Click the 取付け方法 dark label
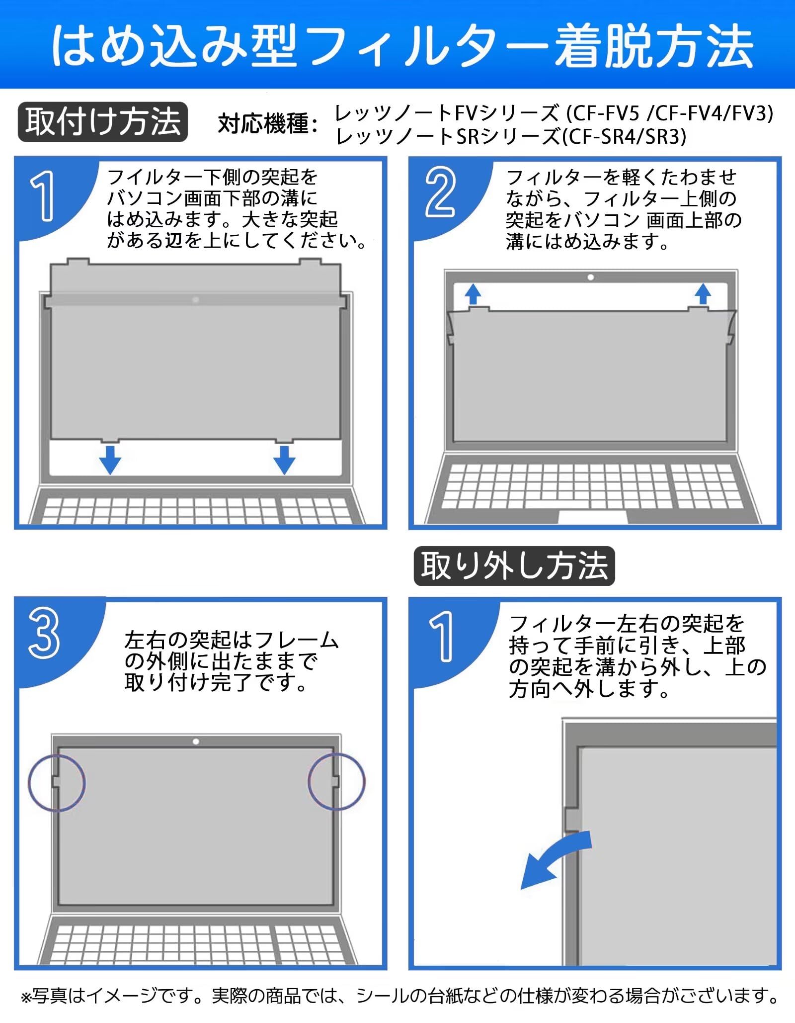tap(102, 122)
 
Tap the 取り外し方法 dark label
tap(514, 566)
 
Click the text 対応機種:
tap(268, 123)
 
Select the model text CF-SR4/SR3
tap(627, 136)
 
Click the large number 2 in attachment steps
tap(440, 192)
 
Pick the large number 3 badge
tap(44, 634)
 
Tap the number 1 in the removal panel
tap(442, 637)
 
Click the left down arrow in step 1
tap(110, 459)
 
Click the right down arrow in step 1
tap(284, 459)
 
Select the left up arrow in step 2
tap(473, 294)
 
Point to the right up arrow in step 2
tap(703, 294)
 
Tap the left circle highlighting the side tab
tap(57, 782)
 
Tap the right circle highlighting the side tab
tap(336, 781)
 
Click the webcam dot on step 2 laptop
tap(590, 278)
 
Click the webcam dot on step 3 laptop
tap(196, 742)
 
